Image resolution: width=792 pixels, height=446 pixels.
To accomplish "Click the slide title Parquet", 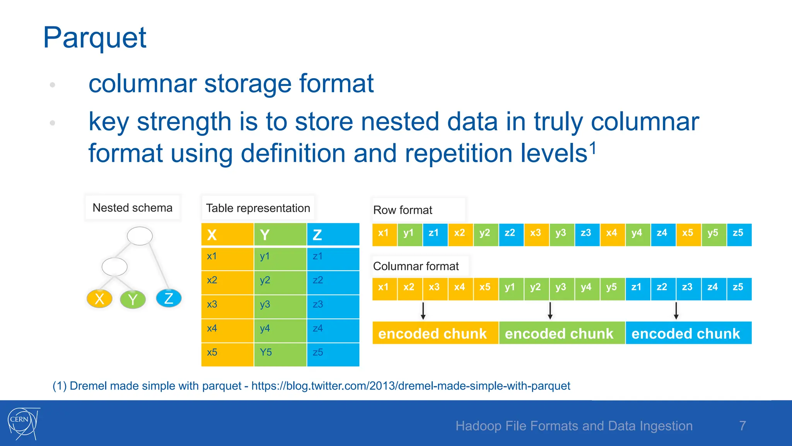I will pyautogui.click(x=95, y=38).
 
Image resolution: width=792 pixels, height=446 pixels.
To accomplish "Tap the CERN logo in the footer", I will pyautogui.click(x=23, y=423).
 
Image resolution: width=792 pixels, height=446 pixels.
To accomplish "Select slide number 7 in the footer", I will pyautogui.click(x=742, y=425).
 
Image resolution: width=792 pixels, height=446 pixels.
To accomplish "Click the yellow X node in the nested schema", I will pyautogui.click(x=100, y=298).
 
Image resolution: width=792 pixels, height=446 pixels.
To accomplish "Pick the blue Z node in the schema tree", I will pyautogui.click(x=169, y=298).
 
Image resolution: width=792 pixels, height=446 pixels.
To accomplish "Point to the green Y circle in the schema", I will pyautogui.click(x=133, y=299).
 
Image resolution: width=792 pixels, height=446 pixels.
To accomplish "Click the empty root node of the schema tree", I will pyautogui.click(x=140, y=236).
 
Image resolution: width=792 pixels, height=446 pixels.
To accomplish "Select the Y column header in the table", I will pyautogui.click(x=280, y=235).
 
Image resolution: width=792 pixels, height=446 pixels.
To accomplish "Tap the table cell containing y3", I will pyautogui.click(x=280, y=305).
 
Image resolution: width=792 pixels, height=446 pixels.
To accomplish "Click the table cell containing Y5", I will pyautogui.click(x=280, y=353).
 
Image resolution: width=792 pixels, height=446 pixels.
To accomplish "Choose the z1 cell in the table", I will pyautogui.click(x=333, y=257).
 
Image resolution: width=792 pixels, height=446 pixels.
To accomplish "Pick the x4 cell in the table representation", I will pyautogui.click(x=227, y=329).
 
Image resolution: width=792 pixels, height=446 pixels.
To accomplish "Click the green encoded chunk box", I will pyautogui.click(x=562, y=333).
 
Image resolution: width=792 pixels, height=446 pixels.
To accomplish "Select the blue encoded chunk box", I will pyautogui.click(x=688, y=333).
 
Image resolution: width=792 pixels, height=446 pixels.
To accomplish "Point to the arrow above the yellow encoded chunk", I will pyautogui.click(x=423, y=311).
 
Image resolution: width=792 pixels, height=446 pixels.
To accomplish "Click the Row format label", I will pyautogui.click(x=403, y=210).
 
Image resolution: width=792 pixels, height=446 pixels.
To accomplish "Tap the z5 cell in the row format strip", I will pyautogui.click(x=739, y=233).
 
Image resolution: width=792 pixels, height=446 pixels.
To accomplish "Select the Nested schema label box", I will pyautogui.click(x=132, y=208).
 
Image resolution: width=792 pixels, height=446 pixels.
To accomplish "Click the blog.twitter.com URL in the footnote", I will pyautogui.click(x=410, y=386).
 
